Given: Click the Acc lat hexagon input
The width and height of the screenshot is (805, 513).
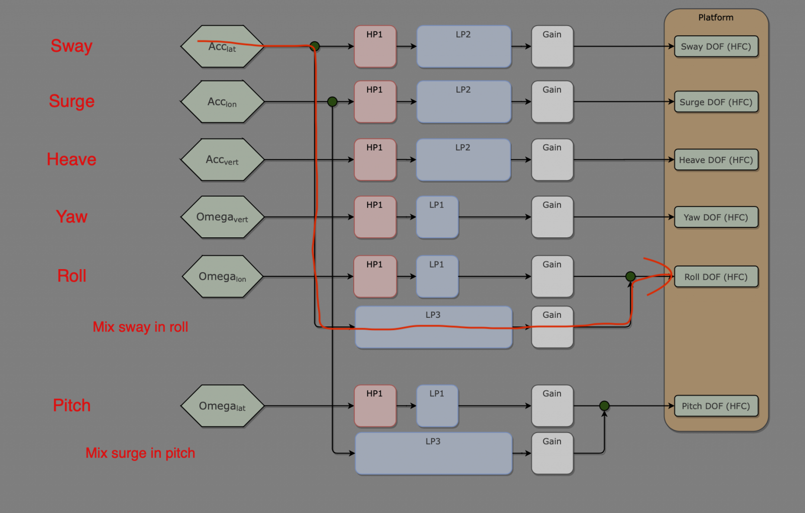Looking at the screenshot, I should point(222,47).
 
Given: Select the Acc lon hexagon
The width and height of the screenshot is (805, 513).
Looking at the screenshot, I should point(222,102).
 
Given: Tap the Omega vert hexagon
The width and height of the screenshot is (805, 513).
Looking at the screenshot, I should point(222,217).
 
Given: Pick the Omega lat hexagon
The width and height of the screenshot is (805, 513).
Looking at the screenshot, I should point(222,406).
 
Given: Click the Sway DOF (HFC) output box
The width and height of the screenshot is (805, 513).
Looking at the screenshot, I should point(716,47).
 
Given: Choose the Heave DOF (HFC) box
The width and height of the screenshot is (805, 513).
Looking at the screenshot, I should point(716,160).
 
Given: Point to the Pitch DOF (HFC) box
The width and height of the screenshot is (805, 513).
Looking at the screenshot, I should point(716,406).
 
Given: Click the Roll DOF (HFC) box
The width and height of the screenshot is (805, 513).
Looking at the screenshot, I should point(716,277).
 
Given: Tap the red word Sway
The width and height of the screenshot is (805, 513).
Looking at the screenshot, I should point(71,46).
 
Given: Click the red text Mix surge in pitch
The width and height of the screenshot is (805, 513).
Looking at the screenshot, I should point(140,453).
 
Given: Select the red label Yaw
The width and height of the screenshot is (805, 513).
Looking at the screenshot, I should point(71,217).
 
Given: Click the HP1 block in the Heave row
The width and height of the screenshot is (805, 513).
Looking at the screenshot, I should point(375,160).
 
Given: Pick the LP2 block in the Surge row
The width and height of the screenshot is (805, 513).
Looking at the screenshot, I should point(464,102).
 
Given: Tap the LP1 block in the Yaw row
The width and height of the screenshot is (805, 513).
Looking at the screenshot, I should point(437,217).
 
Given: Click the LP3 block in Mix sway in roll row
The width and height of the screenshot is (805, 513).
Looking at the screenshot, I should point(434,327).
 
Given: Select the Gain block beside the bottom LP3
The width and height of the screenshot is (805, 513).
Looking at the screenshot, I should point(552,453).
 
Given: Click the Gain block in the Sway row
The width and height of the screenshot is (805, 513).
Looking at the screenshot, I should point(552,47).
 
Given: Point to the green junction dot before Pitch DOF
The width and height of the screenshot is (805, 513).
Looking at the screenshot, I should point(604,406).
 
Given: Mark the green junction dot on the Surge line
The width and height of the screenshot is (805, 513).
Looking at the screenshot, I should point(332,102).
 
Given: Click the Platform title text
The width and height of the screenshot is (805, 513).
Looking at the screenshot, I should point(716,18).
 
